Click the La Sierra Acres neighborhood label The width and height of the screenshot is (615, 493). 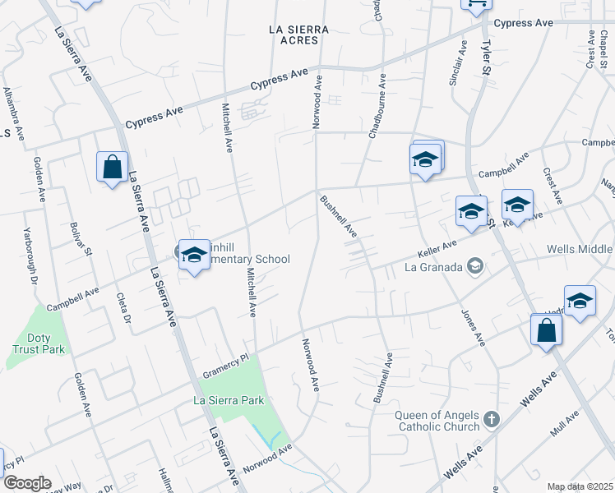click(x=298, y=35)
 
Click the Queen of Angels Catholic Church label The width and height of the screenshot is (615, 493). click(x=437, y=421)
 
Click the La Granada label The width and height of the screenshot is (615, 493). click(x=429, y=266)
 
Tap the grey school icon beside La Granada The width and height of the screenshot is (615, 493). click(x=474, y=265)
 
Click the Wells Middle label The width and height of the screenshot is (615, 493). click(x=580, y=250)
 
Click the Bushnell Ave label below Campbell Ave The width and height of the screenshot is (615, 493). click(x=338, y=217)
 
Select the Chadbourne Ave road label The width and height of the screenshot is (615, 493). click(x=377, y=108)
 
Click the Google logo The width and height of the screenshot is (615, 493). click(x=27, y=482)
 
